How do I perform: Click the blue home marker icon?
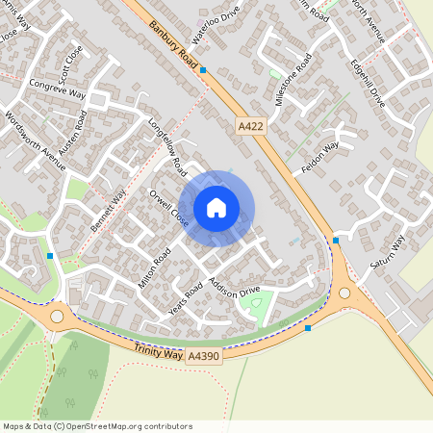(x=216, y=207)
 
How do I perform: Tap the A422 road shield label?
(x=249, y=126)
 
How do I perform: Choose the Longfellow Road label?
(x=167, y=146)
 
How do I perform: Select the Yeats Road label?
(x=188, y=301)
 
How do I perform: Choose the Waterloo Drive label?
(x=215, y=18)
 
